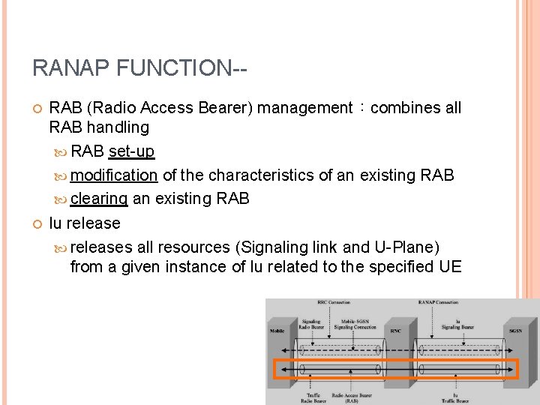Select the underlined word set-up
click(x=131, y=151)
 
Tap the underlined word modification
click(x=113, y=175)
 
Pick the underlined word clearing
click(x=99, y=199)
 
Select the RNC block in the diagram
click(x=396, y=331)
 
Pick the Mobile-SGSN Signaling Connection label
click(x=355, y=324)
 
